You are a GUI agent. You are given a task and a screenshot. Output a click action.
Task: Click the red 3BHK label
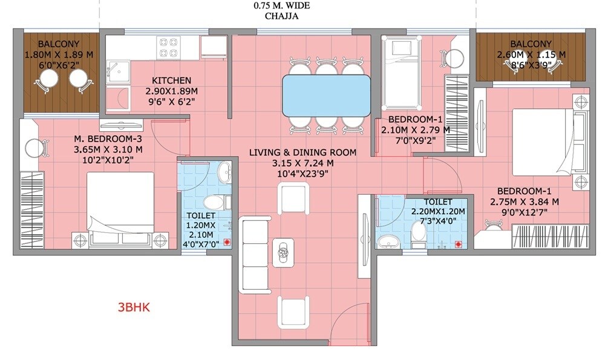(x=133, y=307)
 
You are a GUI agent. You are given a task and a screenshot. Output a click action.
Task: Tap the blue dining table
(x=327, y=96)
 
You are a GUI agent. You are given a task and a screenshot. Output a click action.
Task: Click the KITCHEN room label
(x=172, y=80)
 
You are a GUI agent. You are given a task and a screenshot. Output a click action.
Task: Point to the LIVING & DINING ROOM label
(x=302, y=152)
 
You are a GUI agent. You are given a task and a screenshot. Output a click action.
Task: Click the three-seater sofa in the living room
(x=251, y=253)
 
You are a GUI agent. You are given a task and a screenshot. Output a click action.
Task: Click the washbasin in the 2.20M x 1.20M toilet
(x=387, y=242)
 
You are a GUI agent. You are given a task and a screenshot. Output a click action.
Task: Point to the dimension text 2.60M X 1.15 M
(x=530, y=54)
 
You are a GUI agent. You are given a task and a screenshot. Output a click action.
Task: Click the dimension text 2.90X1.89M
(x=172, y=91)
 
